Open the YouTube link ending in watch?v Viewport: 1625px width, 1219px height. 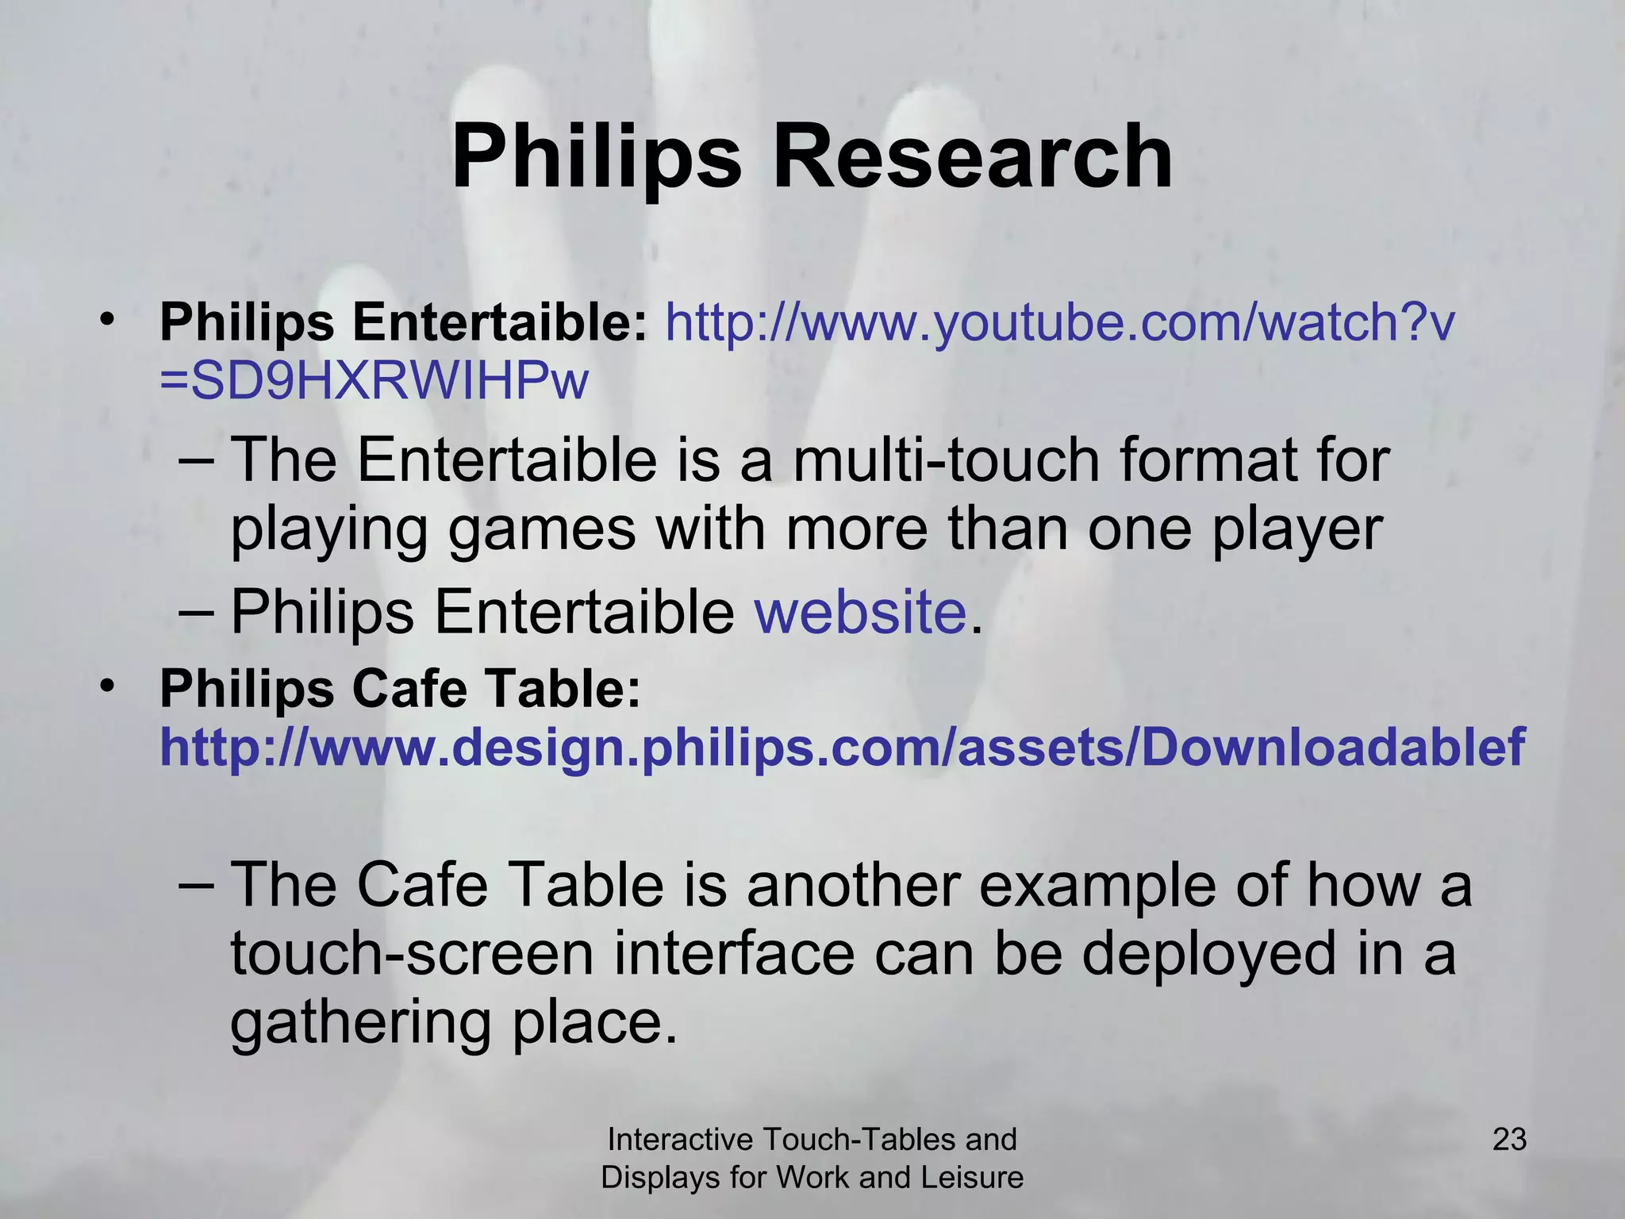tap(1060, 323)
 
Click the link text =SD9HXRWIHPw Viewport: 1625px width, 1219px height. tap(374, 382)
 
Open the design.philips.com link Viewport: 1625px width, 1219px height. tap(842, 748)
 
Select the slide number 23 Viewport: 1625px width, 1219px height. tap(1509, 1140)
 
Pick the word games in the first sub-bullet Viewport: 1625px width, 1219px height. tap(542, 529)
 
